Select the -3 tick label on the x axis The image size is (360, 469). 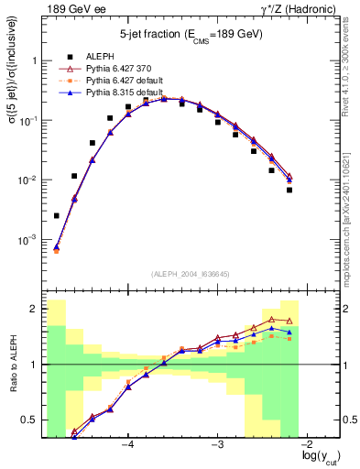pos(217,445)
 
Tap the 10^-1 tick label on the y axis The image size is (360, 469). pos(28,120)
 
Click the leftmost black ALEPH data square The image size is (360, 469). pos(57,216)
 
